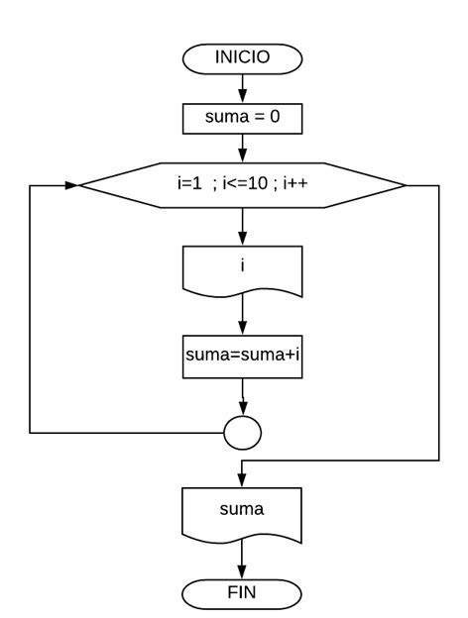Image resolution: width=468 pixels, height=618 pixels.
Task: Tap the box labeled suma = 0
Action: point(242,121)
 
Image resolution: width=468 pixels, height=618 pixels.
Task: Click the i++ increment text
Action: point(295,185)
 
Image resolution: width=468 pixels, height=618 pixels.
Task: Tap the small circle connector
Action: point(242,432)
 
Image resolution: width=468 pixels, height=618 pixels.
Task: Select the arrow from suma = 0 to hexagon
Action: point(242,150)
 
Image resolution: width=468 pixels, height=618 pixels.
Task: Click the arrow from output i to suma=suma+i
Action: point(242,315)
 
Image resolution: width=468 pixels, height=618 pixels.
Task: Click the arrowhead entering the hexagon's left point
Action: point(72,185)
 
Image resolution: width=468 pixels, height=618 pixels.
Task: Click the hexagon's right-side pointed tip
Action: point(405,185)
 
